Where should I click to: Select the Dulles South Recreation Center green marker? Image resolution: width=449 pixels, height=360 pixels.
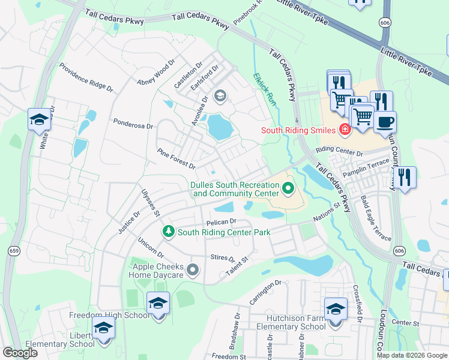pyautogui.click(x=288, y=190)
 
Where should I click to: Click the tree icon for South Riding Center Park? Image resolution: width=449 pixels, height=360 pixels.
pyautogui.click(x=169, y=232)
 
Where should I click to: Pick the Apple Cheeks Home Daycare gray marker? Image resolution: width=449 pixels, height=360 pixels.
pyautogui.click(x=193, y=271)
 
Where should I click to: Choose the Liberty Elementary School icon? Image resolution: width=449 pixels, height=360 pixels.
pyautogui.click(x=103, y=329)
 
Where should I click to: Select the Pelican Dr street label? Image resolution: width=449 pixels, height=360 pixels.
pyautogui.click(x=223, y=222)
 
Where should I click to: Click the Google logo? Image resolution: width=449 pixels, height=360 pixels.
pyautogui.click(x=20, y=353)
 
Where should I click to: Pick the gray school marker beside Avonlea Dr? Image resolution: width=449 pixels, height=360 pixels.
pyautogui.click(x=220, y=95)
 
